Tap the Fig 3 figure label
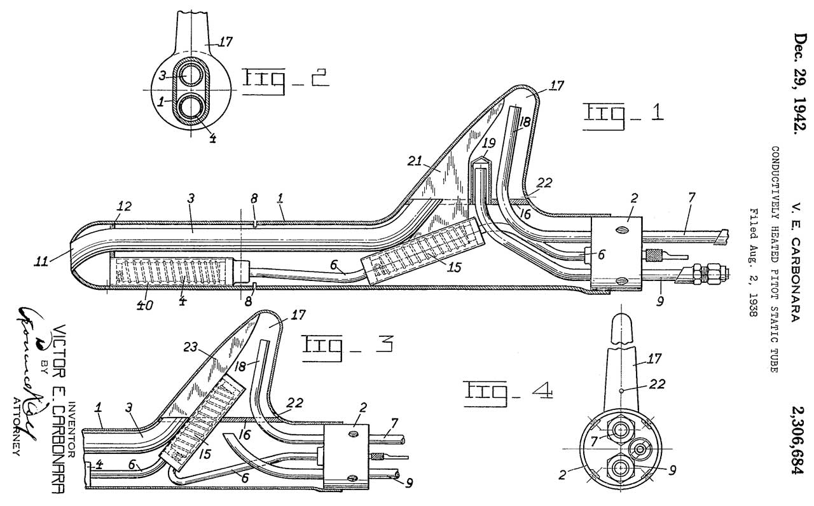346,345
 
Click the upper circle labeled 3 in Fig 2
190,76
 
